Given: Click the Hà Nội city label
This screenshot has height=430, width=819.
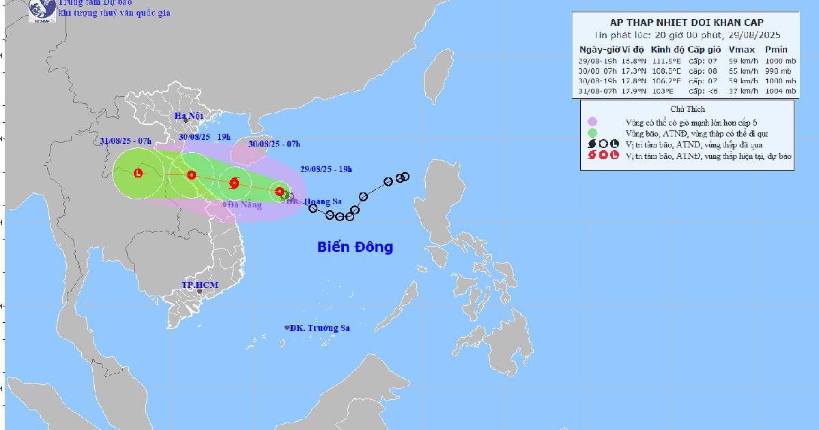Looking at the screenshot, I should [189, 116].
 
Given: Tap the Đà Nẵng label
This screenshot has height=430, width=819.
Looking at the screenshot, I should [244, 205].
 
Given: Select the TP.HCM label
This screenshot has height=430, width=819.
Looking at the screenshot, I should [199, 285].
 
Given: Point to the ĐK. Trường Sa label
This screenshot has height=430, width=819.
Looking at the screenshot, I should [319, 328].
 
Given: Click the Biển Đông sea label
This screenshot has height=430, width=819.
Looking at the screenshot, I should [355, 247].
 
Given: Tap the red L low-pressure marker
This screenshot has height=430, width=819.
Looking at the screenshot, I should [139, 173].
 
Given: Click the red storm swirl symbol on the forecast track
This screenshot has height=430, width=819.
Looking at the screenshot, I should [234, 182].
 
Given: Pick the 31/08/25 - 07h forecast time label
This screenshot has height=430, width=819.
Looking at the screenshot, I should [126, 141].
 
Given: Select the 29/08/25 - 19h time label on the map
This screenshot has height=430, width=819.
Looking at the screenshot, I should [326, 169].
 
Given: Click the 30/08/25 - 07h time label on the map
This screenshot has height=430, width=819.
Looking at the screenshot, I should [274, 143].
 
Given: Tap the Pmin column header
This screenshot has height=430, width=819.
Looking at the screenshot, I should [776, 50].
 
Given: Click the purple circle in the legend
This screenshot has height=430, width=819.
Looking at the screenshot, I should [592, 121].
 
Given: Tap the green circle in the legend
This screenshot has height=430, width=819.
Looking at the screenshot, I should [592, 133].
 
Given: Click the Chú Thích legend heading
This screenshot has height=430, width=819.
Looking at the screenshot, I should [687, 109].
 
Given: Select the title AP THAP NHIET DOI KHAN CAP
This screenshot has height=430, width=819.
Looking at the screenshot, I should [687, 22].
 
